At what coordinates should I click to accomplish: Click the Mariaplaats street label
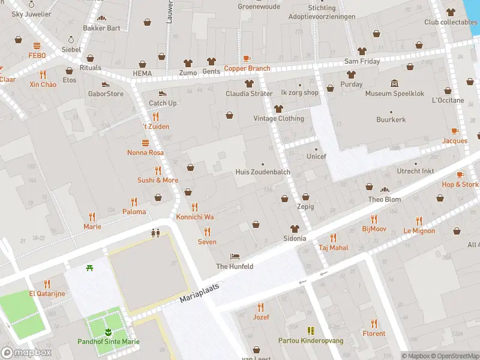200,293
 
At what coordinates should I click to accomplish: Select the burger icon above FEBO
37,46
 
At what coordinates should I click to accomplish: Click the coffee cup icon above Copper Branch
247,59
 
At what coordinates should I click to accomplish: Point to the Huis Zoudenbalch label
263,172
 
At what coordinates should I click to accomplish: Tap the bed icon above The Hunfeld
235,256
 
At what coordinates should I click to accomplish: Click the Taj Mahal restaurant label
334,247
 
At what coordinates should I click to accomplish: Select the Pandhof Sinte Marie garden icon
109,332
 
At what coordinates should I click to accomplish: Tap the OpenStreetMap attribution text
455,356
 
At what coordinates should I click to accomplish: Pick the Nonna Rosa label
145,152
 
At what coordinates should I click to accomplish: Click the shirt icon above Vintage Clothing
278,109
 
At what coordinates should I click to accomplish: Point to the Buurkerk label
391,119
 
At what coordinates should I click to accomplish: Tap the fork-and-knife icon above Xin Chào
43,75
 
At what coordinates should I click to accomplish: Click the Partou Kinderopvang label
310,340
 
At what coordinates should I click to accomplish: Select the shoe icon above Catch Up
162,94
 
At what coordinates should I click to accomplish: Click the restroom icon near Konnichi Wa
156,233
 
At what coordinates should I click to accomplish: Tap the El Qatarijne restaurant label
47,293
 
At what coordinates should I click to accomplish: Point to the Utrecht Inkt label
416,171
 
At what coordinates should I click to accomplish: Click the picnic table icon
89,267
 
